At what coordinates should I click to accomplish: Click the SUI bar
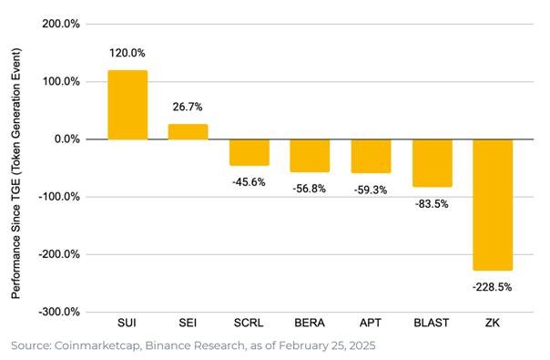pyautogui.click(x=127, y=104)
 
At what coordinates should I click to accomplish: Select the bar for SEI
pyautogui.click(x=188, y=131)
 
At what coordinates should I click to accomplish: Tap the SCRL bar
pyautogui.click(x=249, y=152)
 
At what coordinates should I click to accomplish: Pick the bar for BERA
pyautogui.click(x=310, y=155)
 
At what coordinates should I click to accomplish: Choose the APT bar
pyautogui.click(x=371, y=156)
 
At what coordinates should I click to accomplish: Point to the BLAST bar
pyautogui.click(x=432, y=162)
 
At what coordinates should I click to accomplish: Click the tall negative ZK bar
pyautogui.click(x=493, y=204)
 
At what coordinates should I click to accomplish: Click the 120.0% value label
pyautogui.click(x=127, y=54)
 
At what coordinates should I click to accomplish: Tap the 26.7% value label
pyautogui.click(x=188, y=108)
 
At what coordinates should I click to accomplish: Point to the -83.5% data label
pyautogui.click(x=432, y=203)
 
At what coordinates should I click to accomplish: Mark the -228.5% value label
pyautogui.click(x=493, y=286)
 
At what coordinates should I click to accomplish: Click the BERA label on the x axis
pyautogui.click(x=310, y=324)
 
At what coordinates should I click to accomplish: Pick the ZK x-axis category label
pyautogui.click(x=493, y=324)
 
